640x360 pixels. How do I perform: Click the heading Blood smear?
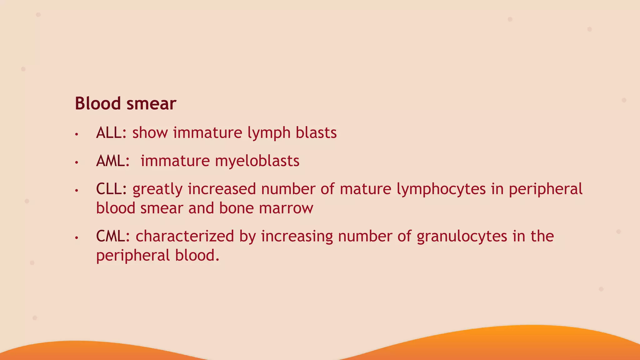(x=125, y=103)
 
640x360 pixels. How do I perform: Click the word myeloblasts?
(x=257, y=161)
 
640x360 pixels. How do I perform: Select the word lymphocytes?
(x=441, y=189)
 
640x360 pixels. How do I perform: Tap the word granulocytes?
(x=462, y=236)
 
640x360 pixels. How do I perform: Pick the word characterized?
(x=185, y=236)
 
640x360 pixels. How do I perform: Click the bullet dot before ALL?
(x=76, y=135)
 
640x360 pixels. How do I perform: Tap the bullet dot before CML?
(x=76, y=238)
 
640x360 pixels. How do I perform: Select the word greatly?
(x=157, y=189)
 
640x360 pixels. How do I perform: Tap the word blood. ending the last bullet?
(x=197, y=255)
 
